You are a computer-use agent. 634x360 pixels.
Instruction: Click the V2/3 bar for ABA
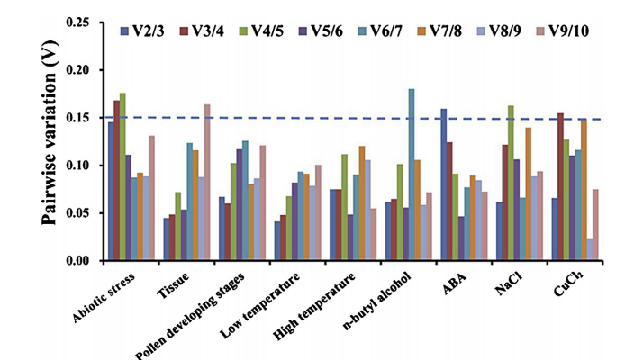(444, 184)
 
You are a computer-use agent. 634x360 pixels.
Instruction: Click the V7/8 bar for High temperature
(362, 203)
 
